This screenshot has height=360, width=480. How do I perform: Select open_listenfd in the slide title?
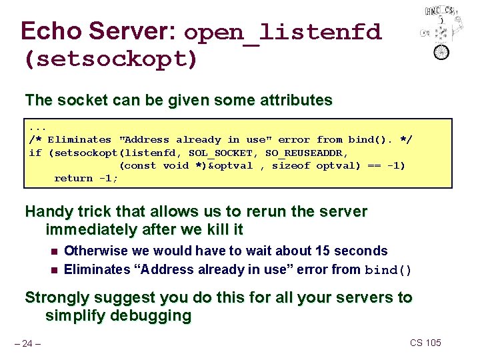(282, 32)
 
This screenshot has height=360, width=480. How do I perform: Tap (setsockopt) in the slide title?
(111, 59)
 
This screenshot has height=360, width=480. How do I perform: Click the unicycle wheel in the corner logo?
(441, 51)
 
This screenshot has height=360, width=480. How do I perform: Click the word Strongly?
(56, 297)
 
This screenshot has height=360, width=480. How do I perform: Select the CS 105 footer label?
(425, 343)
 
